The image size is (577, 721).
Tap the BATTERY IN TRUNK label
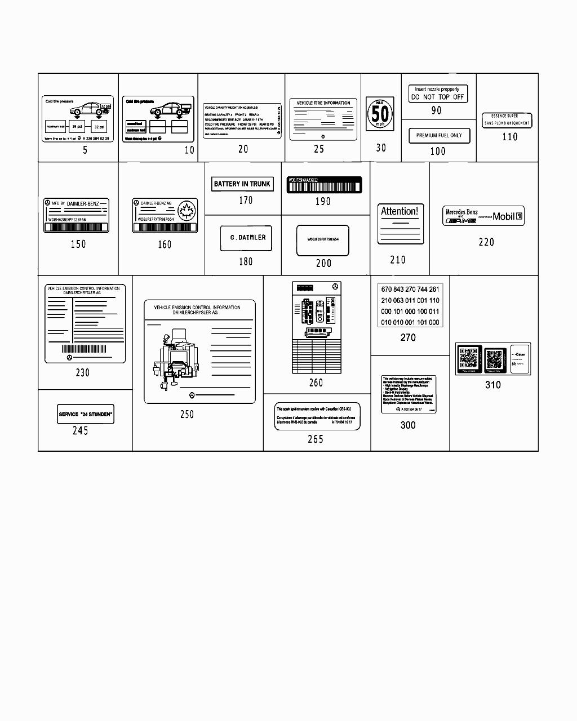tap(242, 184)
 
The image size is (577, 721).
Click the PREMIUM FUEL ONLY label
tap(438, 135)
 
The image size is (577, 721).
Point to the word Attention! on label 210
tap(400, 211)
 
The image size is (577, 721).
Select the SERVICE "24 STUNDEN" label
tap(85, 414)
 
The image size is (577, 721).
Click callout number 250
tap(187, 414)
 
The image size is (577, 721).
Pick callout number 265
tap(316, 439)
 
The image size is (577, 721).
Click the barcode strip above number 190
tap(324, 185)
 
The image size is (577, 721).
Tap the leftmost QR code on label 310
tap(468, 359)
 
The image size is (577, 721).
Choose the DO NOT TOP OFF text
tap(437, 97)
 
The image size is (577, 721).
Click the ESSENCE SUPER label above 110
tap(507, 120)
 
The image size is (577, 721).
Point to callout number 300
tap(408, 425)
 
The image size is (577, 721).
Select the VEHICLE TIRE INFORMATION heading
tap(323, 103)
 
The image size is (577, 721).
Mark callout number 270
tap(408, 337)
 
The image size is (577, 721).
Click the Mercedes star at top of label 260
tap(335, 287)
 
